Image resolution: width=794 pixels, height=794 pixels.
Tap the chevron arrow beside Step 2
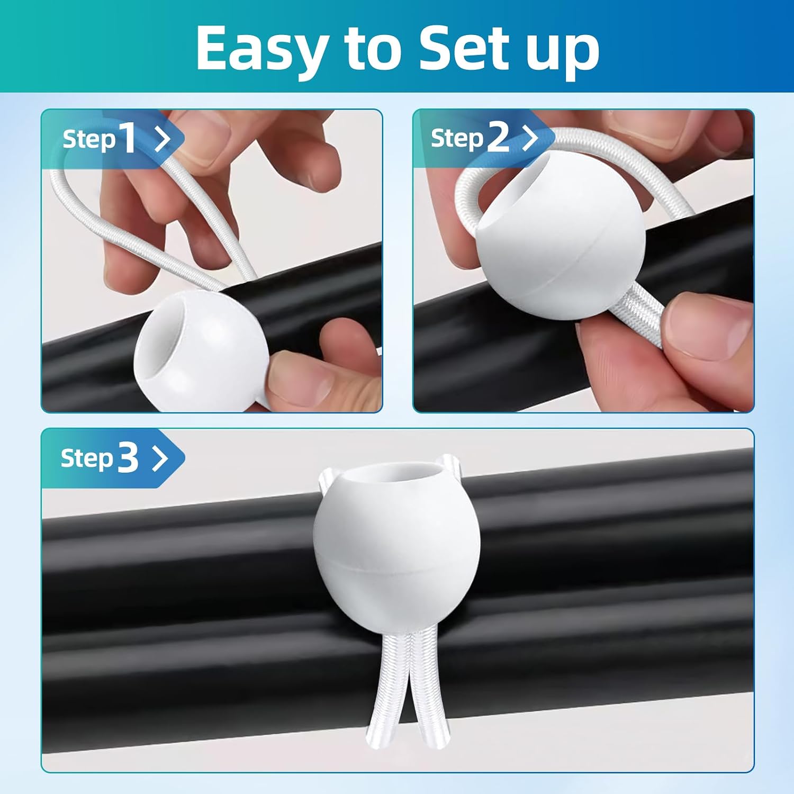coord(530,138)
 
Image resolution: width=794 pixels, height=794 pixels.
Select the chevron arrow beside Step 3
coord(160,458)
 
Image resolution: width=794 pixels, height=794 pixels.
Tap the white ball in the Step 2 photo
coord(561,251)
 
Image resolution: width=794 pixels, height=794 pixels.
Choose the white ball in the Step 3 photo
coord(397,551)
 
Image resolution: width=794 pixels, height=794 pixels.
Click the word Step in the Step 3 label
coord(87,458)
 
